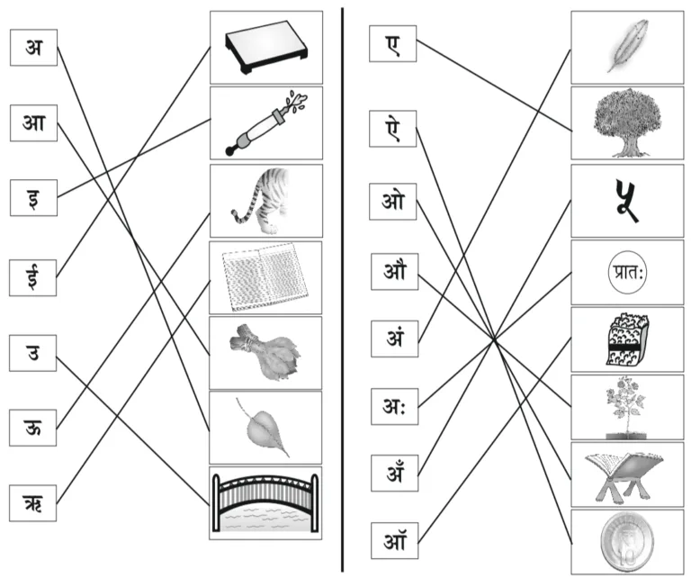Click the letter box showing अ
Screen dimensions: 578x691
[34, 48]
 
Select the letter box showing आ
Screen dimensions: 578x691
[34, 122]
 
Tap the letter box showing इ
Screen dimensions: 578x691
[34, 197]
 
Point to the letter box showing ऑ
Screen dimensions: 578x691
[393, 543]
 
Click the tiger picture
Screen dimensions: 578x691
[265, 198]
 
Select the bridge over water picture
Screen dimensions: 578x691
[265, 502]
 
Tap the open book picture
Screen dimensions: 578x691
[265, 275]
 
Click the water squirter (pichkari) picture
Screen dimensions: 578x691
[265, 123]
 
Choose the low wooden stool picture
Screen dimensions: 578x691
[265, 47]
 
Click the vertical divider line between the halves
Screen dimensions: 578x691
[343, 288]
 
